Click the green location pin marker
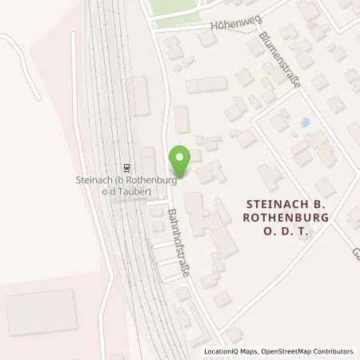[180, 162]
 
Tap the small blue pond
[304, 123]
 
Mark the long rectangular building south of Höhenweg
[206, 85]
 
